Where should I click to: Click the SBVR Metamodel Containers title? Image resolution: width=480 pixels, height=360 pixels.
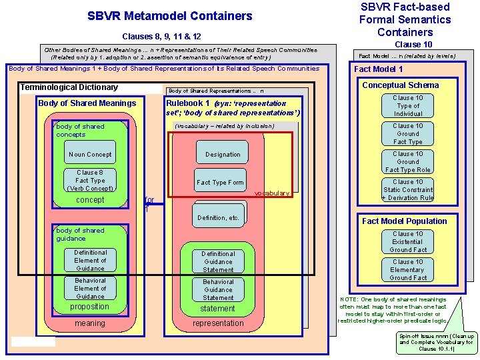pyautogui.click(x=170, y=16)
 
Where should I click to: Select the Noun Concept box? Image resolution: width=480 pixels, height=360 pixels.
pyautogui.click(x=90, y=155)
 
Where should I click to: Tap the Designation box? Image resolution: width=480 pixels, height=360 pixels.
pyautogui.click(x=223, y=155)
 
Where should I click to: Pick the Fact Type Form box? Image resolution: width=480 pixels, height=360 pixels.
pyautogui.click(x=220, y=183)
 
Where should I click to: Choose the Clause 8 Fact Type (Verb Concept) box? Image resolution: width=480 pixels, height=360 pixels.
pyautogui.click(x=90, y=181)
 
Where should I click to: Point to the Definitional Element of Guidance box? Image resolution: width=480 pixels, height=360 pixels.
pyautogui.click(x=90, y=261)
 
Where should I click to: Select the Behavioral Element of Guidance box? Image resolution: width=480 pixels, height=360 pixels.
pyautogui.click(x=90, y=289)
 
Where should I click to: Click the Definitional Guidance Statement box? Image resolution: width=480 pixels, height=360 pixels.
pyautogui.click(x=218, y=262)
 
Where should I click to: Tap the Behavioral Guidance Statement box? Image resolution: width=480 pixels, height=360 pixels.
pyautogui.click(x=218, y=290)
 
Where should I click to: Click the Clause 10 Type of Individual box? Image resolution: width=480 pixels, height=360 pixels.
pyautogui.click(x=408, y=106)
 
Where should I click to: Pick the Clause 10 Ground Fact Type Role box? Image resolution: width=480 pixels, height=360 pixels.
pyautogui.click(x=408, y=162)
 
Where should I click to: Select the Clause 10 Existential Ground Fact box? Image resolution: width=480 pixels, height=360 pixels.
pyautogui.click(x=408, y=242)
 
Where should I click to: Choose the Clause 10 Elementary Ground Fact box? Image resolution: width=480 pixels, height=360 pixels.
pyautogui.click(x=408, y=270)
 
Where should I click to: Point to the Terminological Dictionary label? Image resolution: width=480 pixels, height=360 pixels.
pyautogui.click(x=69, y=87)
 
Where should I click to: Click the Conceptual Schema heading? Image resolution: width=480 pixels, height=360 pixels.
pyautogui.click(x=400, y=85)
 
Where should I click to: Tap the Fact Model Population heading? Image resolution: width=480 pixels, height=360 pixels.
pyautogui.click(x=404, y=221)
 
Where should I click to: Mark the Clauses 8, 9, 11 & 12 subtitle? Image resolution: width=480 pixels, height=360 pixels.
pyautogui.click(x=162, y=37)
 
